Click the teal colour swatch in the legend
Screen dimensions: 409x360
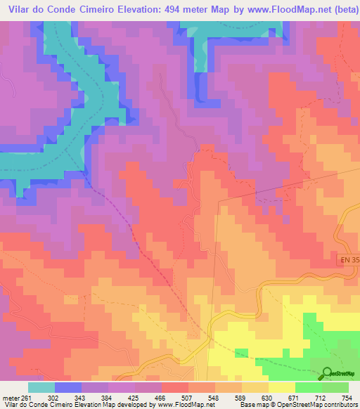tap(41, 387)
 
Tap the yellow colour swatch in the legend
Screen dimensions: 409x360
tap(282, 387)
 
